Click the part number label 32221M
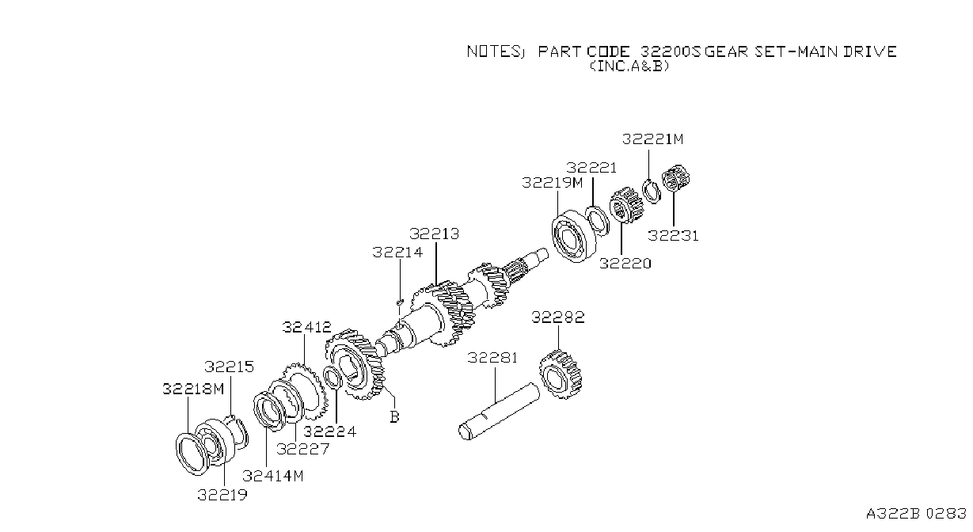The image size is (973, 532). pos(652,139)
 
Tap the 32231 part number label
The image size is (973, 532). pos(673,236)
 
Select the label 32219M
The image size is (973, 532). pos(552,182)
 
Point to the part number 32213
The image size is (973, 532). pos(434,234)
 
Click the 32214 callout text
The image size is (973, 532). pos(397,253)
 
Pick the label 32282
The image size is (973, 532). pos(558,317)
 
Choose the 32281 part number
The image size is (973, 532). pos(492,358)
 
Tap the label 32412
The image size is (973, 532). pos(306,327)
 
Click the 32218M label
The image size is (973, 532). pos(193,389)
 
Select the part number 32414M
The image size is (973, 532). pos(273,476)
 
